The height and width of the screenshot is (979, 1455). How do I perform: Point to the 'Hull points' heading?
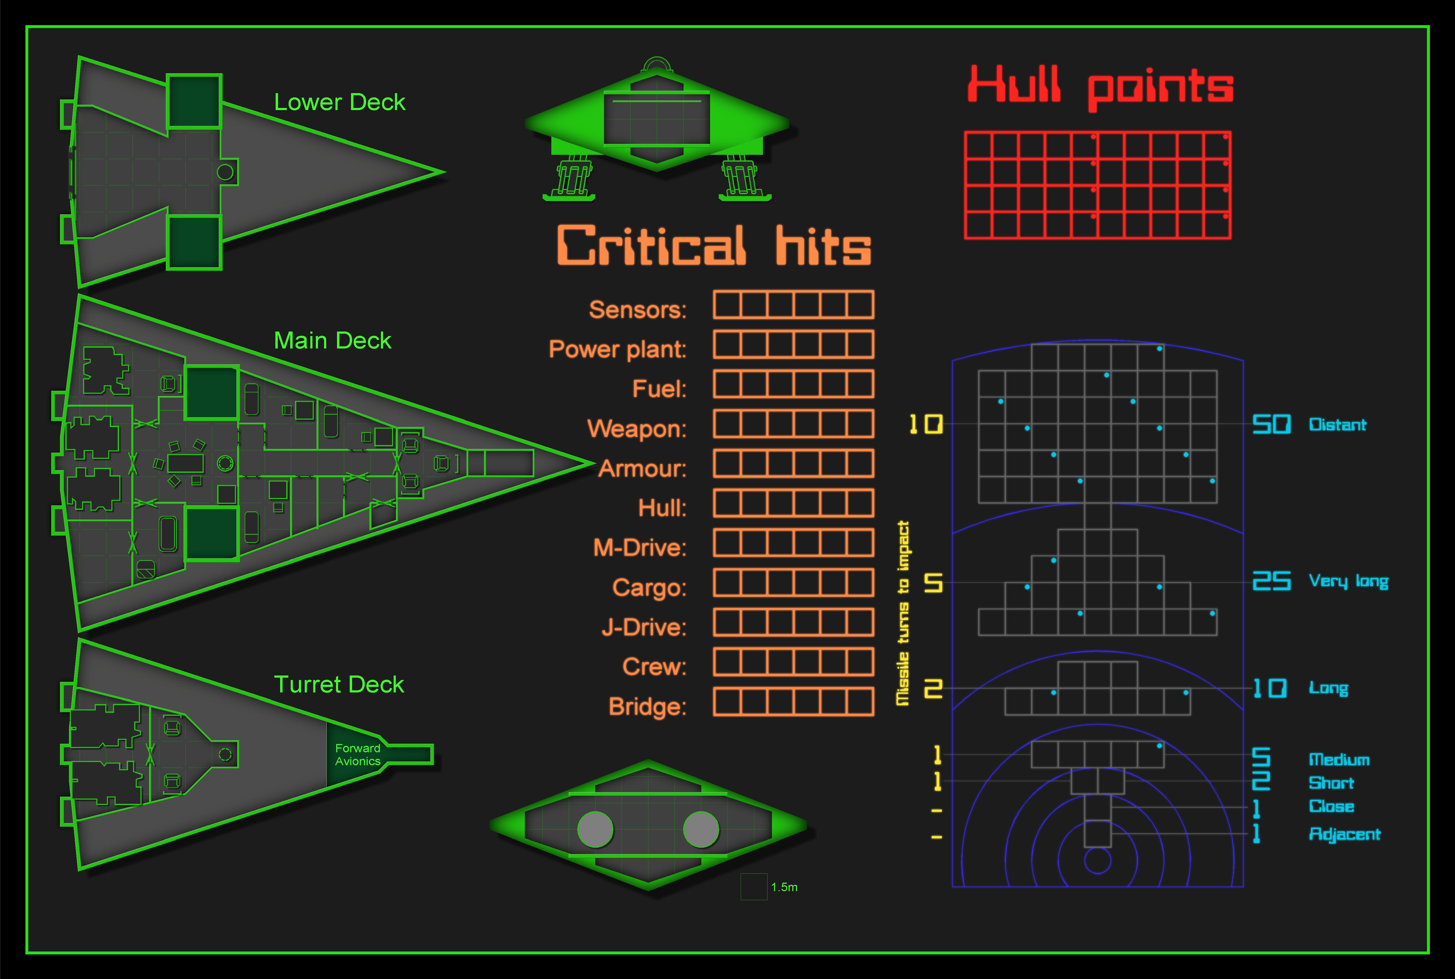[x=1100, y=87]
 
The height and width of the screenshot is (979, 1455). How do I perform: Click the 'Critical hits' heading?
[x=713, y=245]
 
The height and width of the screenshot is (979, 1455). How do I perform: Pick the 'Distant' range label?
[x=1337, y=425]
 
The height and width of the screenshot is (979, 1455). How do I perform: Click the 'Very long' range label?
[x=1348, y=582]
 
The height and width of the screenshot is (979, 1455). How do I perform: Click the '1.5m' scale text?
[x=784, y=887]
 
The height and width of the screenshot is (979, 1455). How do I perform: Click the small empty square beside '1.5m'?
[x=753, y=887]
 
